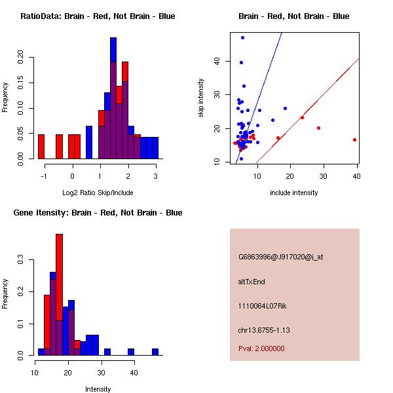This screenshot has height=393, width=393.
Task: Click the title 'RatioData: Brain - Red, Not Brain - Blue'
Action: (98, 16)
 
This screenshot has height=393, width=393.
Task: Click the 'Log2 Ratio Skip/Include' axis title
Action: (98, 193)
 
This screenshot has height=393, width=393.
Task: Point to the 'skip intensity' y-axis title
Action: (201, 98)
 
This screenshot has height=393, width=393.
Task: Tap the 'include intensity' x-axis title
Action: (294, 193)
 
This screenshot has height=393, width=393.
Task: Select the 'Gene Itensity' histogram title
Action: (98, 213)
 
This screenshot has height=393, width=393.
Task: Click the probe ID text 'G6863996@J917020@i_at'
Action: (280, 257)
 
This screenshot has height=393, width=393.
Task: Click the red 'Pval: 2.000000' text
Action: (261, 348)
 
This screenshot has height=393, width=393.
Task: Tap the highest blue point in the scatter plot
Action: (242, 37)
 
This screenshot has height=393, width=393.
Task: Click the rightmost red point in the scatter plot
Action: (354, 140)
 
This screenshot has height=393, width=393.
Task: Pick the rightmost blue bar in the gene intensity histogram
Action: (155, 352)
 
